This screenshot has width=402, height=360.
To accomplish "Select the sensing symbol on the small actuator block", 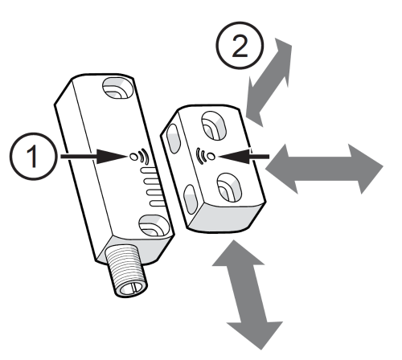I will (x=205, y=152).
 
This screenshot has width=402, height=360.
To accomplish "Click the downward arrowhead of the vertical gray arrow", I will (x=256, y=332).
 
